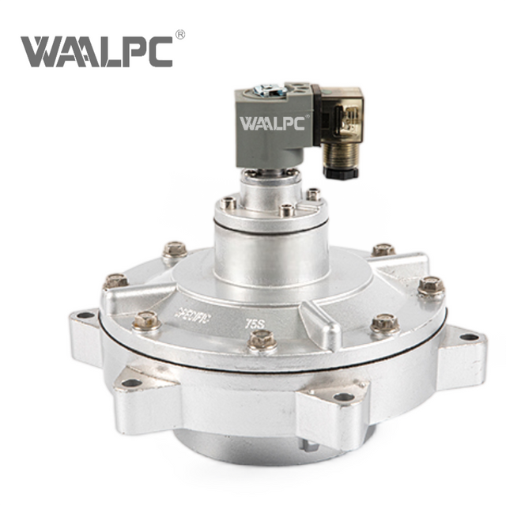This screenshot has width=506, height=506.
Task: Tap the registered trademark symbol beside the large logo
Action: pyautogui.click(x=179, y=36)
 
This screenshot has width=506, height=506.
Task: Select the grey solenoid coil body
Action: pyautogui.click(x=273, y=130)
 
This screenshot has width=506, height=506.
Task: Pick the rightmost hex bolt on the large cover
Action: pyautogui.click(x=431, y=285)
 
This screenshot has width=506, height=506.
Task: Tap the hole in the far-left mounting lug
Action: pyautogui.click(x=83, y=315)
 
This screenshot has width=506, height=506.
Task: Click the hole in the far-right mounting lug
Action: pyautogui.click(x=469, y=338)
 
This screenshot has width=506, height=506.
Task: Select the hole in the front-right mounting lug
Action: pyautogui.click(x=344, y=396)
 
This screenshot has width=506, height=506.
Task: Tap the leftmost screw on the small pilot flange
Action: pyautogui.click(x=228, y=203)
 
